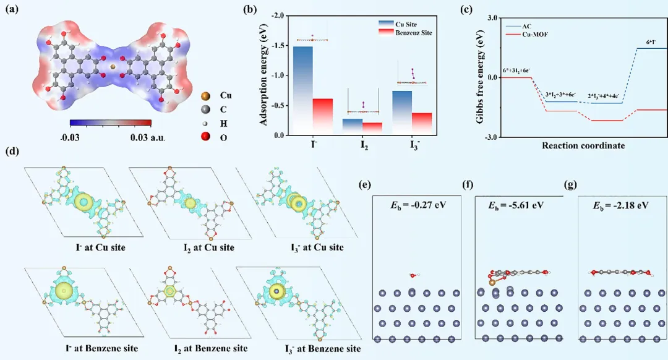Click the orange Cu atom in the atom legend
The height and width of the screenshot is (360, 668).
point(205,96)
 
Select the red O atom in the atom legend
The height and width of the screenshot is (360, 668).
point(205,136)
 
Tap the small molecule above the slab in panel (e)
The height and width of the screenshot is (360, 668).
point(413,275)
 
